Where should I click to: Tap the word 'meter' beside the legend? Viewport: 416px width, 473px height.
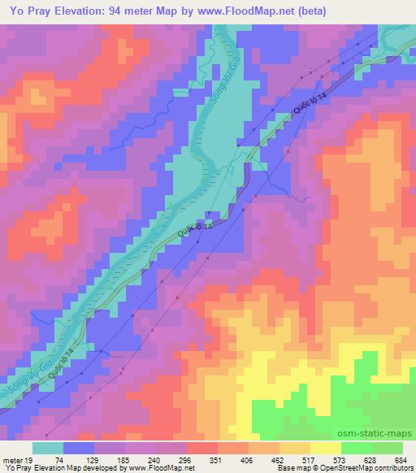pos(11,459)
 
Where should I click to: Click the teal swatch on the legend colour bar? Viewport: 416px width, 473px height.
pos(47,448)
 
